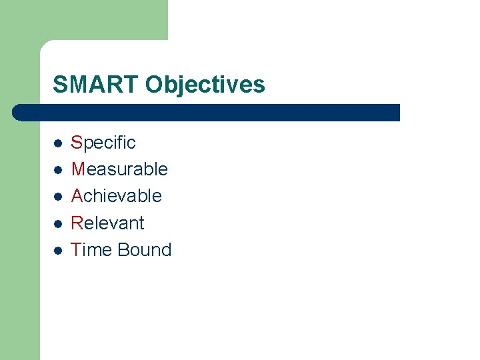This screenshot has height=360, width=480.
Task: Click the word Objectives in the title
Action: coord(205,85)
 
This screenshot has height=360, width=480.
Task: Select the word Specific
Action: coord(103,143)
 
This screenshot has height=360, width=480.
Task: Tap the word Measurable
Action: coord(119,169)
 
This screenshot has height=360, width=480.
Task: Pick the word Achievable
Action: coord(117,196)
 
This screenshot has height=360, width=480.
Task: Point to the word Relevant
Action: coord(108,223)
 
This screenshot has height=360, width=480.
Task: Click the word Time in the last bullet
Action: coord(91,249)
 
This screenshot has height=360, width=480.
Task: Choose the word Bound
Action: coord(145,249)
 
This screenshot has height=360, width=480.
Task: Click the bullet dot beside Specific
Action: coord(58,143)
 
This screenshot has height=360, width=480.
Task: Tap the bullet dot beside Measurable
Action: coord(58,170)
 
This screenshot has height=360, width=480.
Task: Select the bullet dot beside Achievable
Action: coord(58,197)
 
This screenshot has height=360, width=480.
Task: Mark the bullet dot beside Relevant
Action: coord(58,223)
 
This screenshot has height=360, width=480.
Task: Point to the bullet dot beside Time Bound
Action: coord(58,250)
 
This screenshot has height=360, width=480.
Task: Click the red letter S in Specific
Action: coord(76,143)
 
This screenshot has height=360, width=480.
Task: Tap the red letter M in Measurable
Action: coord(78,169)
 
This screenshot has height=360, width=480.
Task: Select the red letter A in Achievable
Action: coord(77,196)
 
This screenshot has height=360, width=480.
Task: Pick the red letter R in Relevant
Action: coord(77,223)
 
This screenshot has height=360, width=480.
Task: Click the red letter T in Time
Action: coord(75,249)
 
